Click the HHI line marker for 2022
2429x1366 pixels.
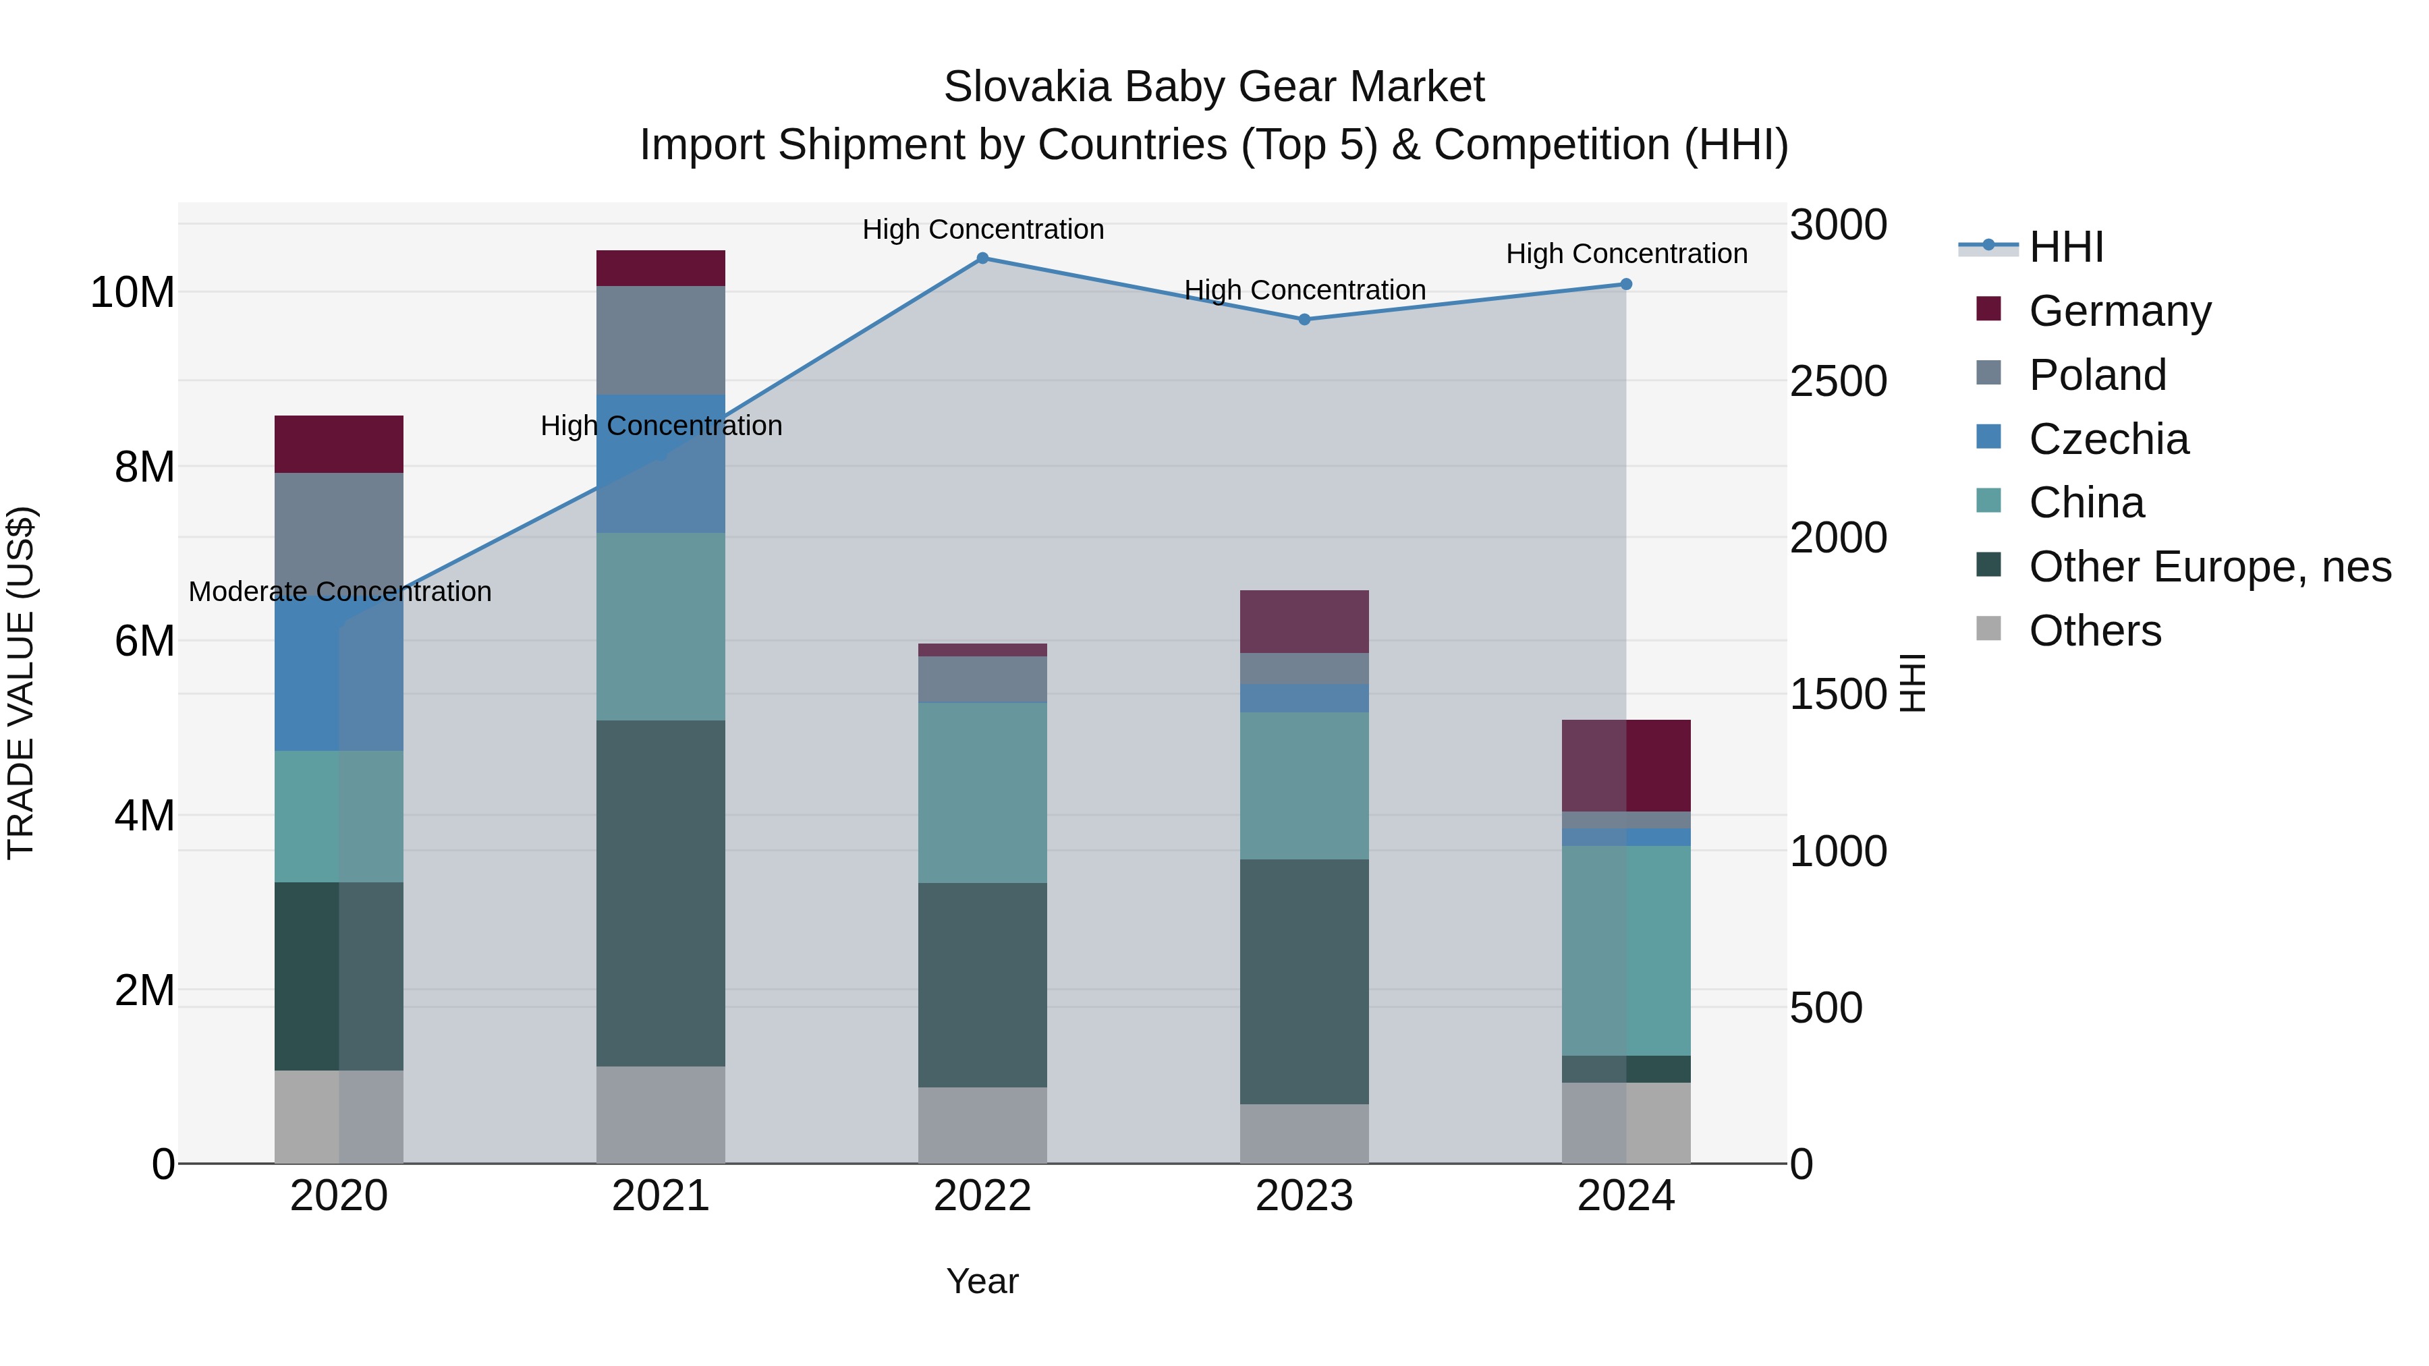coord(982,258)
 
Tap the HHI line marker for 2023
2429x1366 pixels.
coord(1304,320)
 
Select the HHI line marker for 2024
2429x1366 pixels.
coord(1625,284)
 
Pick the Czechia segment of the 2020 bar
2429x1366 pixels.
coord(339,674)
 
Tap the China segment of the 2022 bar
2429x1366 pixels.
coord(982,792)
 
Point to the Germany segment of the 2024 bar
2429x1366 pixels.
coord(1625,766)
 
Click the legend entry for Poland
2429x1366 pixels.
coord(2097,375)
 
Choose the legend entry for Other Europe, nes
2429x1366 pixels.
coord(2209,567)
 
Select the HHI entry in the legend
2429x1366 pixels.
coord(2066,247)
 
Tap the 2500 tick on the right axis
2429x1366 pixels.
coord(1838,382)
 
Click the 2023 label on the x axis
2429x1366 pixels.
coord(1304,1196)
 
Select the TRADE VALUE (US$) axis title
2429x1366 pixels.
coord(21,683)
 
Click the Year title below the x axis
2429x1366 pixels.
coord(982,1281)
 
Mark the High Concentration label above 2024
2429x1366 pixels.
coord(1625,254)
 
